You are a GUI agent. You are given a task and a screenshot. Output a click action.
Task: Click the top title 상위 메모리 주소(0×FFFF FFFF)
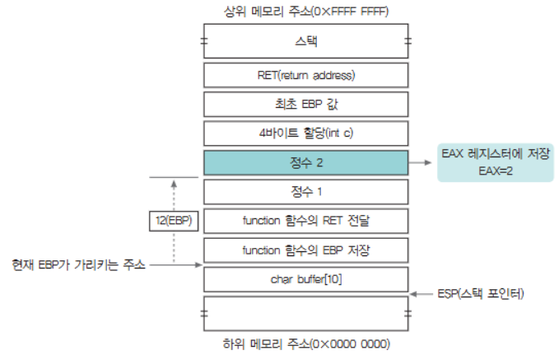point(306,12)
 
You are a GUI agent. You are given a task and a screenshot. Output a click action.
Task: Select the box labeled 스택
point(306,40)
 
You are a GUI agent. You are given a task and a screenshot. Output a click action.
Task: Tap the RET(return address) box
point(306,76)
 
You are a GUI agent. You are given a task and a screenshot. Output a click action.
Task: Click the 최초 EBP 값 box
point(306,105)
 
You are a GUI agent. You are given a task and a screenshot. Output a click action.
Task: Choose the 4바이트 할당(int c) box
point(306,133)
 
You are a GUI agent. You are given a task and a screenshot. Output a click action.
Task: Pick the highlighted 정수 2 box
point(306,162)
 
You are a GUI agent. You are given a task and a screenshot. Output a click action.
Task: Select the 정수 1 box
point(306,191)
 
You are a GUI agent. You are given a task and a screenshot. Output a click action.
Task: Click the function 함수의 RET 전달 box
point(306,220)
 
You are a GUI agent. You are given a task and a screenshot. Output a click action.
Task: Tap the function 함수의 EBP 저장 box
point(306,250)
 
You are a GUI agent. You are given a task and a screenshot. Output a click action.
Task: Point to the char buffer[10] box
point(306,278)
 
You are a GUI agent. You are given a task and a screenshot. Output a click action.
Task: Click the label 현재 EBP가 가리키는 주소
point(79,264)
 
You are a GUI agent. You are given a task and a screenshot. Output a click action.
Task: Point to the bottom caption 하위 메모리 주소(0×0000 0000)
point(306,343)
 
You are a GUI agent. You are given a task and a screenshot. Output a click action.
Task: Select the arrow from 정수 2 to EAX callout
point(421,162)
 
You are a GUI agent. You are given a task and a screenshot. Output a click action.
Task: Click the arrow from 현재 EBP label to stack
point(176,264)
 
